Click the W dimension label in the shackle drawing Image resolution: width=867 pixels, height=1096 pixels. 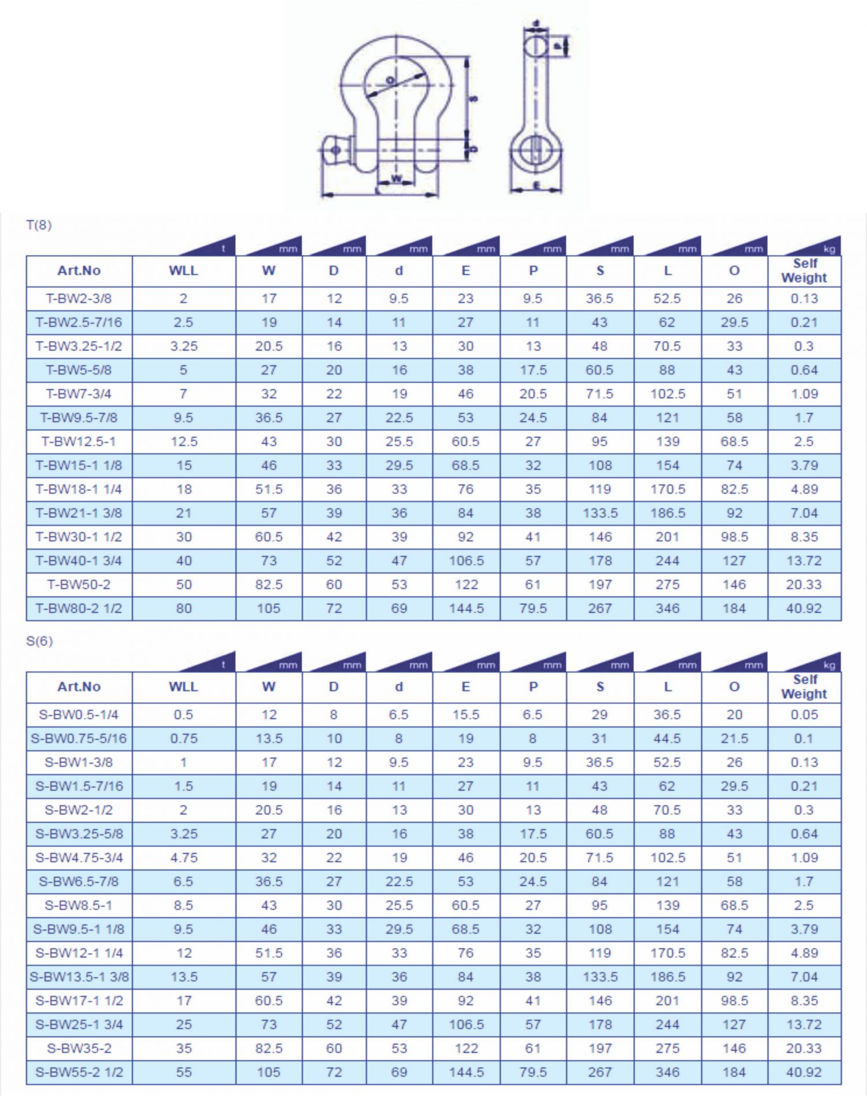click(x=396, y=178)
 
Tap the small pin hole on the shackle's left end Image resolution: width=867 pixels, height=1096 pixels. click(x=336, y=150)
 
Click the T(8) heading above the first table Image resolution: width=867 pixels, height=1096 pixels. click(x=39, y=225)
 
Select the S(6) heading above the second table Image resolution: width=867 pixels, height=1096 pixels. click(x=39, y=641)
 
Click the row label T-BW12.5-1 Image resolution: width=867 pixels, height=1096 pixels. click(x=79, y=441)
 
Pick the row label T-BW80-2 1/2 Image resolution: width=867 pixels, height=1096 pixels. click(x=79, y=608)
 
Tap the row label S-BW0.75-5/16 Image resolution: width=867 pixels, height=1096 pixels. click(x=79, y=739)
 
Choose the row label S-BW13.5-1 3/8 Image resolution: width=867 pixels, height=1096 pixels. click(x=79, y=977)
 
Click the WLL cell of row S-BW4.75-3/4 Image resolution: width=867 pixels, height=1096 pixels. click(x=184, y=858)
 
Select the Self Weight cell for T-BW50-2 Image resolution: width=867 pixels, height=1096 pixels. click(x=804, y=585)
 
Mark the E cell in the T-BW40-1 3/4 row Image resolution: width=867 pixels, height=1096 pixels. click(x=466, y=560)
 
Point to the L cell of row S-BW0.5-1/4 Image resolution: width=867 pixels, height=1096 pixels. click(x=667, y=715)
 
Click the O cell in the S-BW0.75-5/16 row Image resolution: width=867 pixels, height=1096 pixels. click(x=734, y=739)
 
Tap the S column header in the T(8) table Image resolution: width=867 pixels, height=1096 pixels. click(x=600, y=271)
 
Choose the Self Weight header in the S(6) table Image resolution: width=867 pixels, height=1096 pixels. click(x=804, y=687)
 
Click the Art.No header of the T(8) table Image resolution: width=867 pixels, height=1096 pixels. click(x=79, y=271)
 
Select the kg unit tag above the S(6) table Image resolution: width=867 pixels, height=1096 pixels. click(x=829, y=665)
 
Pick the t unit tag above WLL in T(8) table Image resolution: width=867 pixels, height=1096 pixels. click(x=224, y=249)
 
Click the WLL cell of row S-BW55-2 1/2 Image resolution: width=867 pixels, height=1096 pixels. click(x=184, y=1072)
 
